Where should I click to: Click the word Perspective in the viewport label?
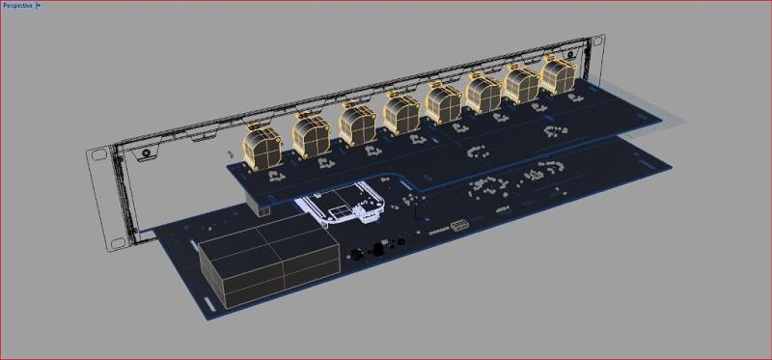pyautogui.click(x=17, y=6)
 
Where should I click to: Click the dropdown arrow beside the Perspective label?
pyautogui.click(x=39, y=6)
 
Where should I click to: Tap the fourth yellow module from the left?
pyautogui.click(x=401, y=113)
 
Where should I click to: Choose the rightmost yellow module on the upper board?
pyautogui.click(x=559, y=75)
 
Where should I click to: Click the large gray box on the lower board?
pyautogui.click(x=269, y=266)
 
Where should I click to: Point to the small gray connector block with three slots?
pyautogui.click(x=459, y=226)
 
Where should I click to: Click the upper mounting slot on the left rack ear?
pyautogui.click(x=98, y=154)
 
